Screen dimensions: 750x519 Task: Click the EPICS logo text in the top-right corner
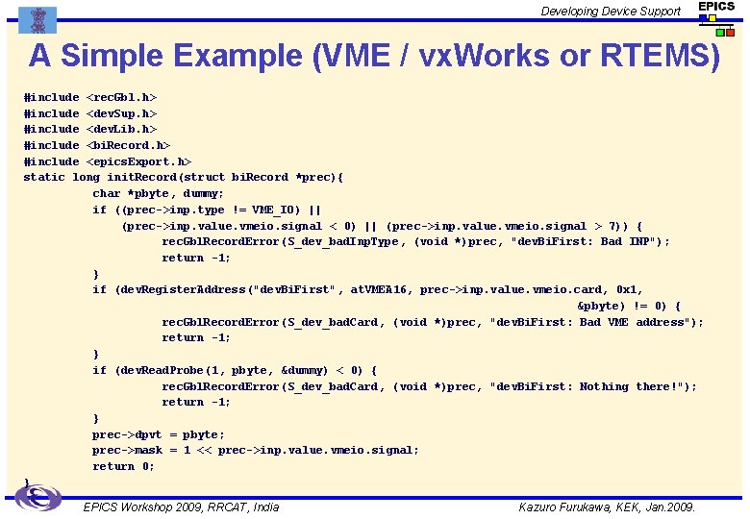[716, 7]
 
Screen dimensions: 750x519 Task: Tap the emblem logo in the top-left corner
[37, 19]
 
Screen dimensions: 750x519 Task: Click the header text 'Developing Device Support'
[611, 12]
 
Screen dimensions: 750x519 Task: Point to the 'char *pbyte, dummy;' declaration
[159, 193]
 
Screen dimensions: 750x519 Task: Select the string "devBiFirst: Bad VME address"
[596, 322]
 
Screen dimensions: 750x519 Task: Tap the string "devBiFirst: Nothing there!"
[593, 386]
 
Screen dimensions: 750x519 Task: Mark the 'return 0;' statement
[123, 466]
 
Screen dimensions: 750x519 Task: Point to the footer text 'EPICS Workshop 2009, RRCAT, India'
[182, 507]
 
